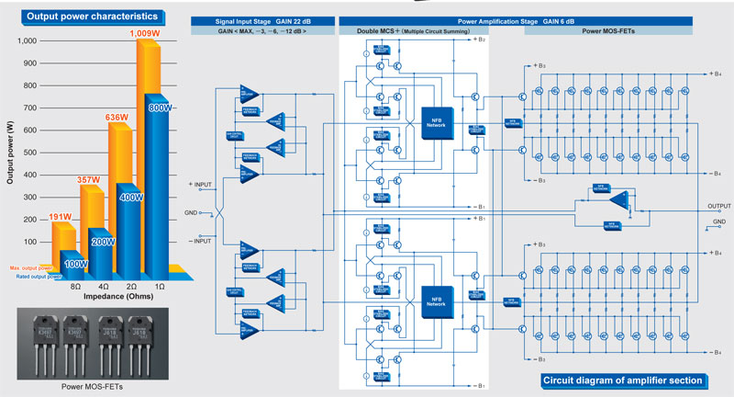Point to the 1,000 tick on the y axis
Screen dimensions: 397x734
click(25, 40)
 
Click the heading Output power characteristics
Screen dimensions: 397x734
click(84, 17)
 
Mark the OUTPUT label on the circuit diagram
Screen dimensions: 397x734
click(717, 206)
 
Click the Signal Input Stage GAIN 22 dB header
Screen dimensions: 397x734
click(261, 19)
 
